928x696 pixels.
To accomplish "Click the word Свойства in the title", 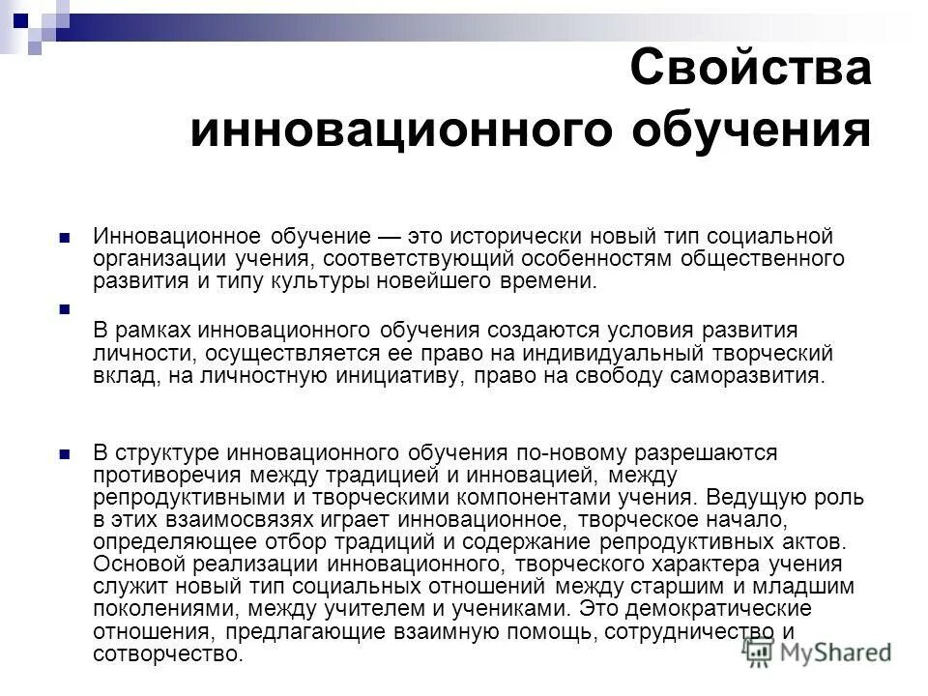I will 749,72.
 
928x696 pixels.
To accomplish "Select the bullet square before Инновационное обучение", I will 65,211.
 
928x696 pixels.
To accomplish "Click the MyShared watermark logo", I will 820,652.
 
